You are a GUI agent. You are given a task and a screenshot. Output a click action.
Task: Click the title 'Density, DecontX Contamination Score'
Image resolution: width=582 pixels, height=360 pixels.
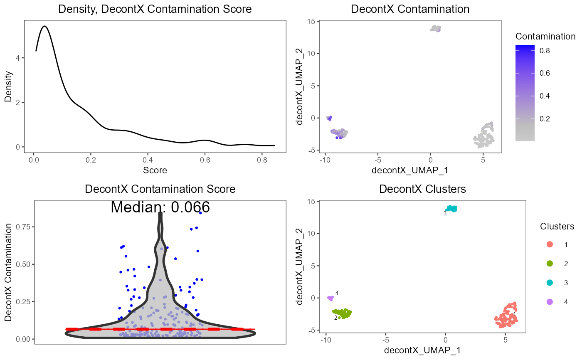click(155, 9)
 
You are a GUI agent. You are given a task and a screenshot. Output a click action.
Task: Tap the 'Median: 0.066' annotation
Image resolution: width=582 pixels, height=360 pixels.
click(160, 207)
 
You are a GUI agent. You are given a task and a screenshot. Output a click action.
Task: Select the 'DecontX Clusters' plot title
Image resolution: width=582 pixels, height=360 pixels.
click(422, 189)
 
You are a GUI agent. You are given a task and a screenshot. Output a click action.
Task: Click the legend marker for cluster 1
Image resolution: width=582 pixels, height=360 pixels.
click(550, 244)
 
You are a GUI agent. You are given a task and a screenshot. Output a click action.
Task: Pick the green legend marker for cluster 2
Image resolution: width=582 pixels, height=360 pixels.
click(550, 264)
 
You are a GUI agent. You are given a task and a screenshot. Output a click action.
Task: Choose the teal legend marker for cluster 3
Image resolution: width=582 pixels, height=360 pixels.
click(550, 283)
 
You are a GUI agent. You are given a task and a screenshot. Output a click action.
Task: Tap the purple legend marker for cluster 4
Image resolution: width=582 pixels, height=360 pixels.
click(550, 302)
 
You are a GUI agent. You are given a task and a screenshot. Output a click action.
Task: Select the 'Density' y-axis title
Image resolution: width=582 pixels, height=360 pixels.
click(8, 87)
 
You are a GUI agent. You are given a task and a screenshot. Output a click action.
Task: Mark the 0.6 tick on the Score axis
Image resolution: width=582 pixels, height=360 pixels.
click(204, 160)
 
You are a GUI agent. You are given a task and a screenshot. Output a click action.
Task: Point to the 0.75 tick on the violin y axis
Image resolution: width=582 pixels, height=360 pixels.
click(22, 227)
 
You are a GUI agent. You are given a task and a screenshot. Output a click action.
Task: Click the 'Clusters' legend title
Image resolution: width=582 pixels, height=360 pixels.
click(557, 227)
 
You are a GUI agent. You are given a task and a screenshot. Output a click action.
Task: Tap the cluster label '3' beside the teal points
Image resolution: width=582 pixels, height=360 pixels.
click(445, 213)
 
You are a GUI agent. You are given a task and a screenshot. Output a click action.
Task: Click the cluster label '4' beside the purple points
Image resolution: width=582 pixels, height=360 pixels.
click(337, 293)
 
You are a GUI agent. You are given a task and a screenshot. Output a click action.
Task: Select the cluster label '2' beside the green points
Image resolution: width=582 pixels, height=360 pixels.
click(335, 318)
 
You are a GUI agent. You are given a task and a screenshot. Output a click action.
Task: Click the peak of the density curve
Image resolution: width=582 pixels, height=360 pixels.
click(44, 26)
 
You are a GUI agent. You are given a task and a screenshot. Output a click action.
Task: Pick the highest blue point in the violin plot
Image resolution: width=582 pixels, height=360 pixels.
click(200, 212)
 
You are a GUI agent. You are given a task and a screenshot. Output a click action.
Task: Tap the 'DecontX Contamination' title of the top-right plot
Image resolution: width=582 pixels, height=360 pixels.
click(410, 9)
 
